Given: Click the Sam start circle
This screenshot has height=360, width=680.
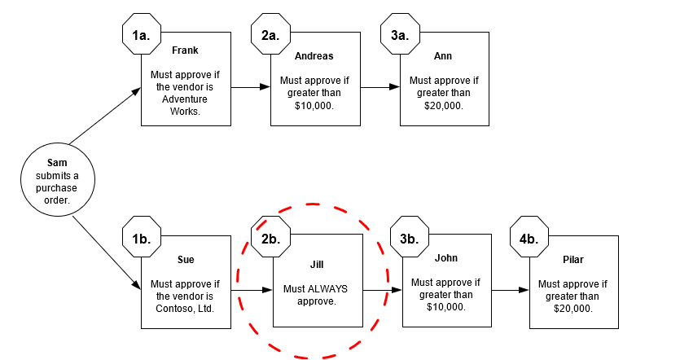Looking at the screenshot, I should point(56,181).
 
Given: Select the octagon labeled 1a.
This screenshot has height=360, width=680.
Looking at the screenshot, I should point(141,35).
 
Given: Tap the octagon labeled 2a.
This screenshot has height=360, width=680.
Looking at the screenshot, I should point(270,35).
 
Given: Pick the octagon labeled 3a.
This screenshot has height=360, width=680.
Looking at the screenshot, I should point(401,35).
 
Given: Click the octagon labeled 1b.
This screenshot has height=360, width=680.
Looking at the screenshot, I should point(141,238).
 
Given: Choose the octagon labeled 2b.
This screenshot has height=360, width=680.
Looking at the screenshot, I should point(271,238).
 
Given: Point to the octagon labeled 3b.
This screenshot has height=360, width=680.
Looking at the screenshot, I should point(410,237).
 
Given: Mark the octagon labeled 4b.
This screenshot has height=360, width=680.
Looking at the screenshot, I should point(529,238).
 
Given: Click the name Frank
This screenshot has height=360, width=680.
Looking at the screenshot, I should point(185,50).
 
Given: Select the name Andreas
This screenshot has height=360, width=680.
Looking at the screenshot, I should point(314,56).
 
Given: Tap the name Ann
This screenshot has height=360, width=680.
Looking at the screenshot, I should point(444,56).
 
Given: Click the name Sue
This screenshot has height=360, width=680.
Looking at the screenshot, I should point(185,260).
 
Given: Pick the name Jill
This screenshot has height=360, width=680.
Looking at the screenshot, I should point(317,265).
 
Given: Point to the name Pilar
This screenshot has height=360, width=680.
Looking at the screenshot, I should point(573,260).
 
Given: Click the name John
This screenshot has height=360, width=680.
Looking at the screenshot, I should point(445,258).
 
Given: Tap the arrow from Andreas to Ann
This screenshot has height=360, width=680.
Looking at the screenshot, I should point(379,86).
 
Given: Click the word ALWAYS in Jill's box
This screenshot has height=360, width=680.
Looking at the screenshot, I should point(327,289).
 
